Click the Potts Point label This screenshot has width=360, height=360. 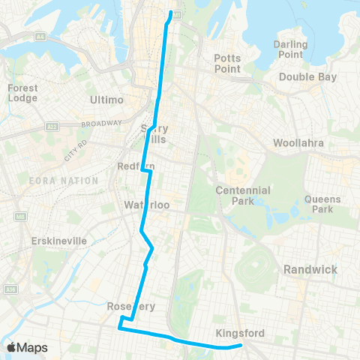227,63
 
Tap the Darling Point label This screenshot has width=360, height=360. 291,49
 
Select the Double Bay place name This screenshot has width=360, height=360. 306,77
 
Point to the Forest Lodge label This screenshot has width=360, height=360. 22,93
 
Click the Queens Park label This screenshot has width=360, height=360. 322,205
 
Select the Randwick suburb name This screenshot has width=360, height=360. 310,269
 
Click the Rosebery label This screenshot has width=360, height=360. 130,306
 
